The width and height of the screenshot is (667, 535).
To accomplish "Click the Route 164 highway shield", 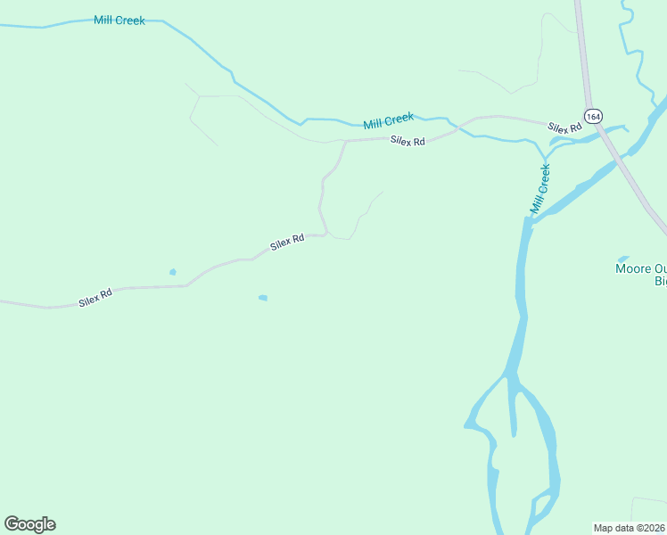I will click(594, 115).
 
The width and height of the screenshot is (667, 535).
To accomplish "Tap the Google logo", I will click(29, 524).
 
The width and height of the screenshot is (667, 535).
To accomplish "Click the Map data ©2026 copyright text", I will click(630, 528).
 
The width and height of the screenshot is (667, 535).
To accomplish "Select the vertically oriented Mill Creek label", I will click(540, 189).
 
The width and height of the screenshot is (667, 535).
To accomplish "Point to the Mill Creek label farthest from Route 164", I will click(119, 20).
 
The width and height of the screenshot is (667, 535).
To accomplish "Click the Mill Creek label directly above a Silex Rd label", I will click(389, 120).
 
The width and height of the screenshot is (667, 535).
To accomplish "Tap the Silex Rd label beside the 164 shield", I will click(564, 128).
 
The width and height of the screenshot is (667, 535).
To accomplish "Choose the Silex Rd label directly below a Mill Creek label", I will click(407, 140).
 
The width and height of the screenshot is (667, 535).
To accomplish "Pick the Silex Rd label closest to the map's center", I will click(287, 242).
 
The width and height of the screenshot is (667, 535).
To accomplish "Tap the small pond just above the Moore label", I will click(623, 259).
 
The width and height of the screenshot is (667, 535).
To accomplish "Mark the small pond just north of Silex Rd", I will click(172, 272).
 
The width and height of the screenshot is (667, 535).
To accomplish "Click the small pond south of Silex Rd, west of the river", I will click(262, 298).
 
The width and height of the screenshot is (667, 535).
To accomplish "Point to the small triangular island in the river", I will click(515, 410).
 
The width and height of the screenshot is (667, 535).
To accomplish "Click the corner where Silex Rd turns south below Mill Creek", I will click(344, 142).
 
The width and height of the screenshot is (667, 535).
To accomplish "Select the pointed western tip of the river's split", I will click(466, 426).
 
